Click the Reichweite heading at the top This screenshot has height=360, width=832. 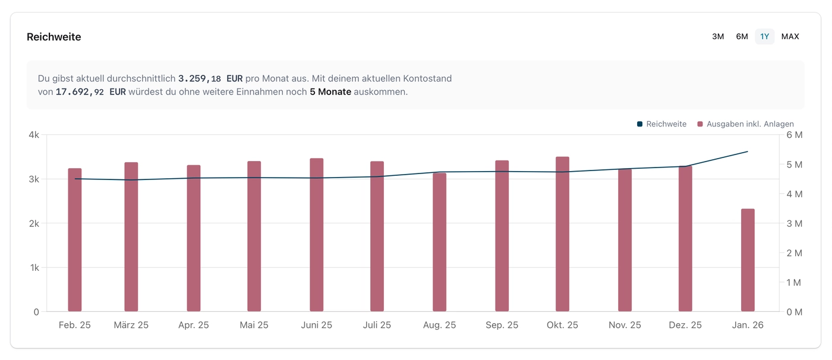53,37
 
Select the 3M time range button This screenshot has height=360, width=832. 718,37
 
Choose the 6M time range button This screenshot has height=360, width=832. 742,37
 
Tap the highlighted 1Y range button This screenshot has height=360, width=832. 765,37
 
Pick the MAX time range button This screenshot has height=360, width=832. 790,37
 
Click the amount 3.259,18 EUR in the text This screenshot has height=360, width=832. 210,78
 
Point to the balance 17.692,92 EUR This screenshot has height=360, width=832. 90,92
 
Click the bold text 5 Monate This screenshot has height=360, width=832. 330,92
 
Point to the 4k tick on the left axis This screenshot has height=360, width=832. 33,135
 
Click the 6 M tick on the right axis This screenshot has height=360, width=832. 794,135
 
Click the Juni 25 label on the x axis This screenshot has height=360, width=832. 317,325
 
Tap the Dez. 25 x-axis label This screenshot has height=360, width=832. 685,325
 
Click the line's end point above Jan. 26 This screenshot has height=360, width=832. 748,151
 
